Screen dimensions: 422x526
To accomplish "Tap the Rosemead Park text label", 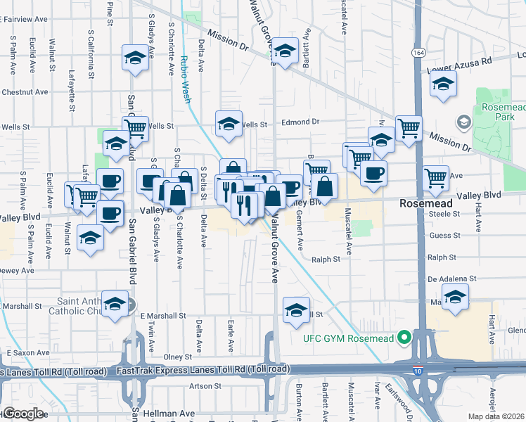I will (x=501, y=113).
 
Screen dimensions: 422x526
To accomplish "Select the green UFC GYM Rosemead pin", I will (x=404, y=338).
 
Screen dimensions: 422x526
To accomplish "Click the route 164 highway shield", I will (x=419, y=53).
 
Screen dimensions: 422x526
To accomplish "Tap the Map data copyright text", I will (x=497, y=416).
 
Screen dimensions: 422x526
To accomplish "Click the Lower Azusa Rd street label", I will (x=460, y=64).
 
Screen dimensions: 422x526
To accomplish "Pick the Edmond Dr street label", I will (x=300, y=122).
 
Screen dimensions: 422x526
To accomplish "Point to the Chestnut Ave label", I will (x=25, y=91).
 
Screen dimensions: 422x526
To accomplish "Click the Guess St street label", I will (x=443, y=236).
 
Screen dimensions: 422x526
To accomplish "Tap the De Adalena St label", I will (x=452, y=279).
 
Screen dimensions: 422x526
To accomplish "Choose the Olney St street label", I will (x=178, y=357).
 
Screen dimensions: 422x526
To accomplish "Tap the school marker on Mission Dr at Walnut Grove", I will (x=285, y=51).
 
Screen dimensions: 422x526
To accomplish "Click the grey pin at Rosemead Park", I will (x=463, y=123).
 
